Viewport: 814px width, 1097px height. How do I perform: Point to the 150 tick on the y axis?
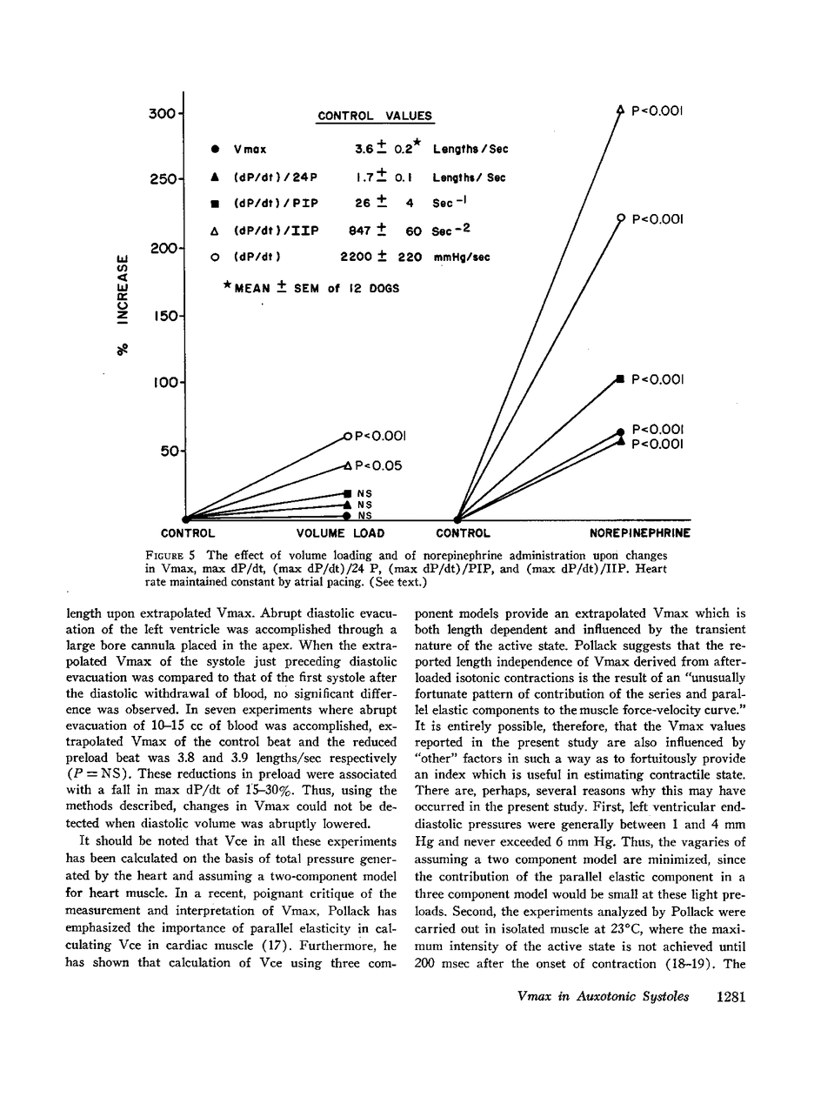pos(164,316)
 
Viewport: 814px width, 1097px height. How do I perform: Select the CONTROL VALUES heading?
pos(375,116)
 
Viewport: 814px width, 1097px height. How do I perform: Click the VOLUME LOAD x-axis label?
pos(340,533)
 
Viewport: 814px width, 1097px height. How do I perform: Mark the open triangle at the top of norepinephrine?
pos(620,110)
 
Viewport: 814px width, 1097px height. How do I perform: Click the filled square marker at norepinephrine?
pos(620,378)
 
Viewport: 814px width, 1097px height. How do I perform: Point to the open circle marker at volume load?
pos(347,437)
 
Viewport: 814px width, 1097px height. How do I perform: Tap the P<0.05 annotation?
pos(378,466)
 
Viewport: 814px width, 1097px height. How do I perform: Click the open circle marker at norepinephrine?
pos(620,217)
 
